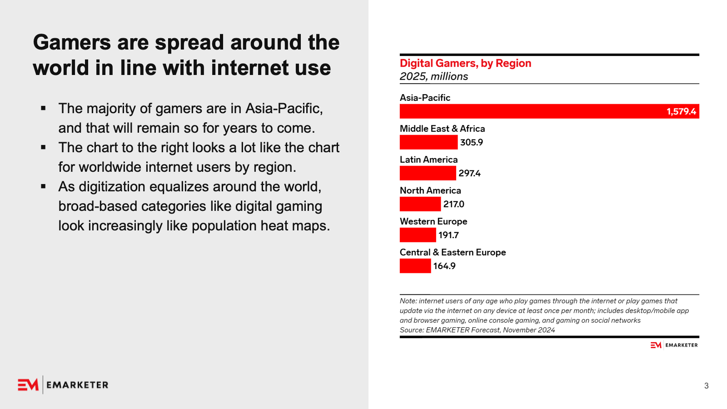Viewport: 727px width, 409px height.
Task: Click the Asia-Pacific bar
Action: click(x=532, y=111)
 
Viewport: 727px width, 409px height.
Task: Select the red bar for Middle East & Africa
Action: click(x=428, y=142)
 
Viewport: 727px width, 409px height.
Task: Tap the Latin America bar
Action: click(x=428, y=173)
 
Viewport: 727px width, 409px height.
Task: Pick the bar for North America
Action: click(x=420, y=204)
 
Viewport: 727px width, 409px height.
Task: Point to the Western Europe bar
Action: click(x=418, y=235)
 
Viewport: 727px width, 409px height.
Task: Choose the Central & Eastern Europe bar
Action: click(x=415, y=266)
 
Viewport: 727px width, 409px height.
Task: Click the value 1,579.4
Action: click(x=681, y=111)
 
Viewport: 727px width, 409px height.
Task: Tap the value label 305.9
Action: click(x=472, y=142)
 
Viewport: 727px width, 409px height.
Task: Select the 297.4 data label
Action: click(x=469, y=173)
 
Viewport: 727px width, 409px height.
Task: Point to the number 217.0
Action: click(x=454, y=204)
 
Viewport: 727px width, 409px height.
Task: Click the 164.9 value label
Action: click(x=444, y=266)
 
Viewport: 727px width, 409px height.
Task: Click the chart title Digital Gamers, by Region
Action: click(x=465, y=63)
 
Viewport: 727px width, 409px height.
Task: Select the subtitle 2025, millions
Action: click(x=434, y=76)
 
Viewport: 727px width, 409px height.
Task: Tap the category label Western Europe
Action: click(x=433, y=221)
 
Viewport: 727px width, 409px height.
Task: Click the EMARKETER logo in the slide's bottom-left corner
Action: click(x=63, y=385)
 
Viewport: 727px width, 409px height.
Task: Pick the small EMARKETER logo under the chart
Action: click(x=674, y=345)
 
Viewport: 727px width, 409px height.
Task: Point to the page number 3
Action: click(x=707, y=386)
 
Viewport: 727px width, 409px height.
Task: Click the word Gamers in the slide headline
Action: click(x=72, y=42)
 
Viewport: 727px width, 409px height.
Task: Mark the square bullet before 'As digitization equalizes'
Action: click(x=43, y=186)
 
